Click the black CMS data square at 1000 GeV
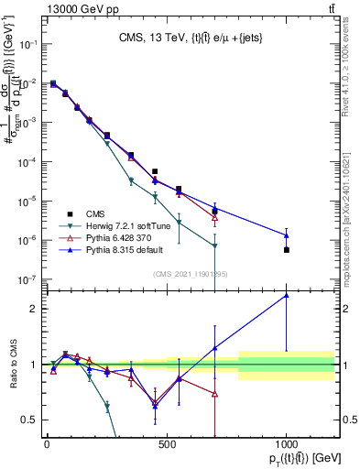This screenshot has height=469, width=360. tap(287, 250)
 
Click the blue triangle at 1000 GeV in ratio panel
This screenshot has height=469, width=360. tap(287, 295)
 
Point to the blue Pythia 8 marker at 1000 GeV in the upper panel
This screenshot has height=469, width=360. tap(287, 235)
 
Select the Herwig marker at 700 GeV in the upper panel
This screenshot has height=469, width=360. tap(214, 245)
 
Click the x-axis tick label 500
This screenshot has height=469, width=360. tap(167, 444)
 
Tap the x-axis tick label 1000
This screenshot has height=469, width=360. tap(287, 444)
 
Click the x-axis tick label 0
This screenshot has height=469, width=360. tap(47, 444)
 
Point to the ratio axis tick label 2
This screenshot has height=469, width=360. tap(34, 309)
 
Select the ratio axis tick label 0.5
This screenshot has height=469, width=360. tap(29, 420)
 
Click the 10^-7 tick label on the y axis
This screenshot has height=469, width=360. tap(27, 279)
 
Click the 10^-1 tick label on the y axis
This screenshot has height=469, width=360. tap(27, 44)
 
